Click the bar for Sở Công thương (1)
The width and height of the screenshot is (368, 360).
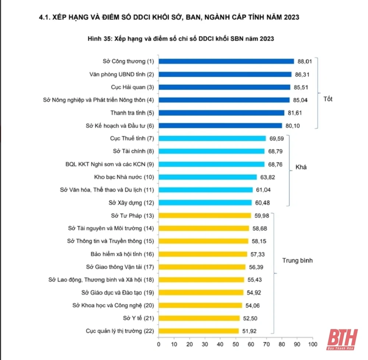click(x=226, y=62)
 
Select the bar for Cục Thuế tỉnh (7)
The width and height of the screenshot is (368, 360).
click(x=212, y=139)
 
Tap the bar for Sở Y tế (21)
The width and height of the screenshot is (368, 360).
click(x=199, y=318)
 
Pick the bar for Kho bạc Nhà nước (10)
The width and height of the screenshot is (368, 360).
click(x=208, y=177)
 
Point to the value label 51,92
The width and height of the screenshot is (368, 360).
click(x=248, y=331)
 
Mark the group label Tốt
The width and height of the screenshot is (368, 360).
click(x=328, y=99)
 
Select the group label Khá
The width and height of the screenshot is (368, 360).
click(x=301, y=167)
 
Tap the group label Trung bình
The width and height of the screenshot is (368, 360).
click(x=297, y=261)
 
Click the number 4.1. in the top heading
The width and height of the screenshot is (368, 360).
click(x=45, y=17)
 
